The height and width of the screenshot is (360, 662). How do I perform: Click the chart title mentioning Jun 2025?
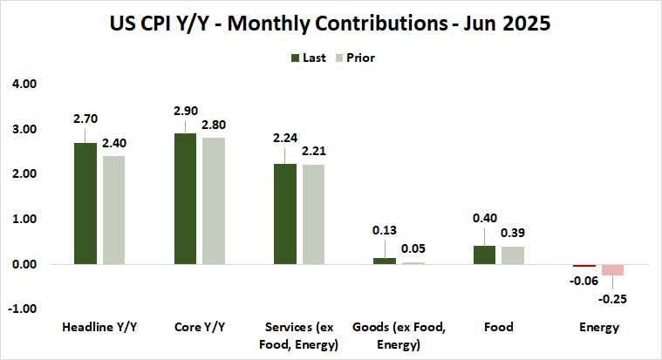click(331, 23)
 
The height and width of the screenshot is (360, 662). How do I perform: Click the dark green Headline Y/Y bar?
click(85, 203)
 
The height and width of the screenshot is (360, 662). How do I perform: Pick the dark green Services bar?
click(283, 214)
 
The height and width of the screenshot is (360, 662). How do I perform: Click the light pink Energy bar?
click(611, 269)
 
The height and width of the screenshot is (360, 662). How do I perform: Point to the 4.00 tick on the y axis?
click(23, 85)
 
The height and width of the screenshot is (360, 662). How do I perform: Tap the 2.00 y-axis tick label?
click(23, 174)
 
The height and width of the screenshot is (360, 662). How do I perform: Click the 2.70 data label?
click(85, 118)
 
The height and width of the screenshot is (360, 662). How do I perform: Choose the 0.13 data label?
click(384, 230)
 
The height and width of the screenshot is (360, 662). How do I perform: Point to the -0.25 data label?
click(613, 299)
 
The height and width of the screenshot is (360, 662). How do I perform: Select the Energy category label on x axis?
click(599, 328)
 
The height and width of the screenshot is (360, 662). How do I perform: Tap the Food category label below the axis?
click(499, 328)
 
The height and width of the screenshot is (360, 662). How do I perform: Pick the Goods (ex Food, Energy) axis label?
click(399, 335)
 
